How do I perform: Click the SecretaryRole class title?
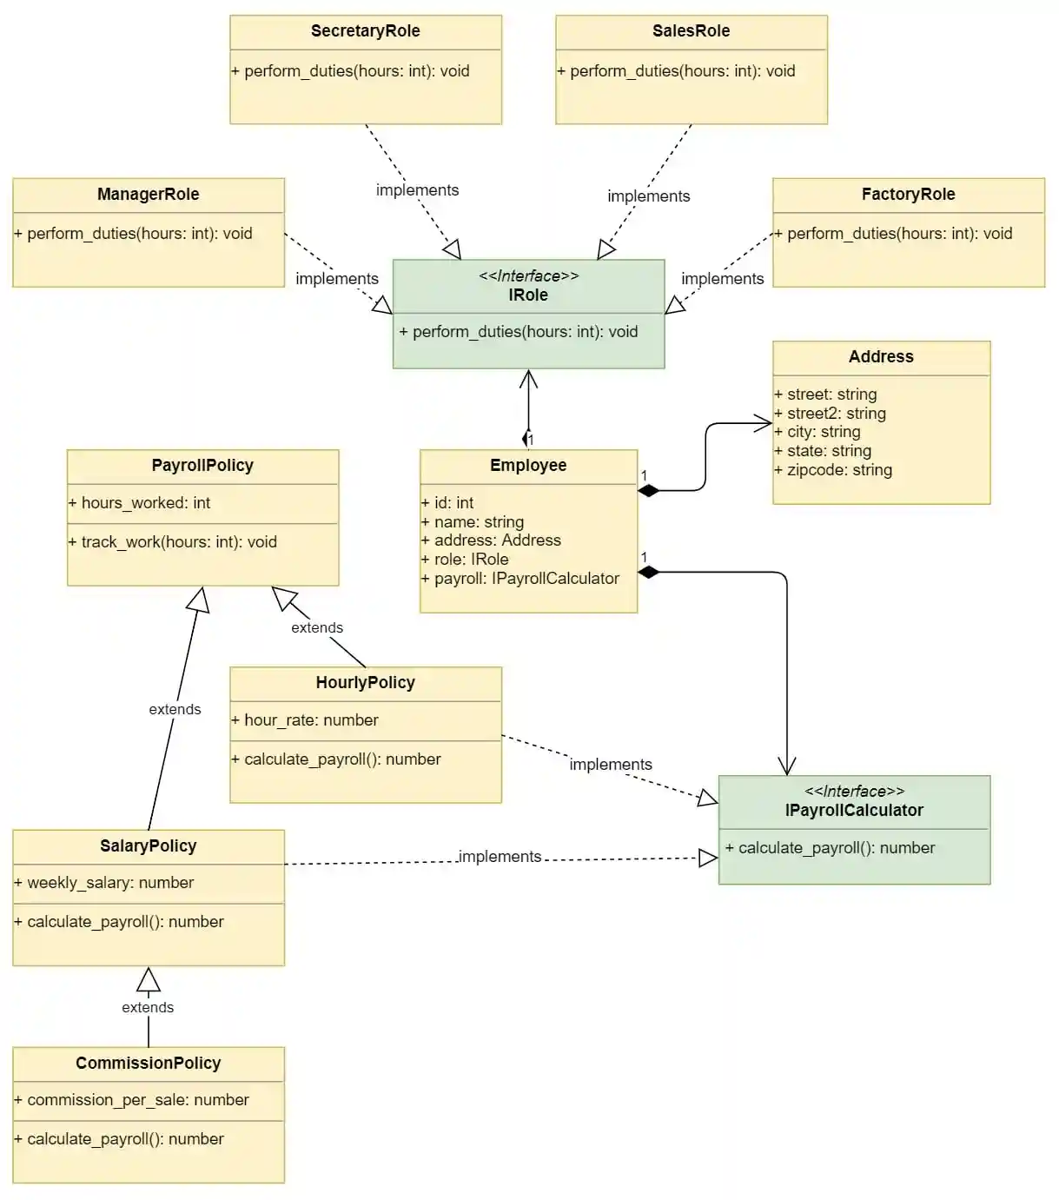tap(365, 31)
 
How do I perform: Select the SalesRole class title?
tap(691, 31)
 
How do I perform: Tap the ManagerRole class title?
tap(148, 195)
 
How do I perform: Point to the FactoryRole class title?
tap(908, 195)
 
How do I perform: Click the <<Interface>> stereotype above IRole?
tap(528, 276)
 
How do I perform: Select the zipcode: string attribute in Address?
tap(833, 470)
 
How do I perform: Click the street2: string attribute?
tap(830, 414)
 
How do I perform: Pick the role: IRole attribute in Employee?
tap(465, 560)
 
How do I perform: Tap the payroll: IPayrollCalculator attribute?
tap(520, 579)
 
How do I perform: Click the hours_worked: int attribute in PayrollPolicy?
tap(139, 503)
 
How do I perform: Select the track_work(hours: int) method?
tap(172, 542)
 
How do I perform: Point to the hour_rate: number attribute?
tap(304, 720)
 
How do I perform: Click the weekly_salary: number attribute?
tap(103, 883)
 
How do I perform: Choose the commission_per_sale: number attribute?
tap(131, 1100)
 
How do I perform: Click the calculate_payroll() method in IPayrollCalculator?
tap(830, 848)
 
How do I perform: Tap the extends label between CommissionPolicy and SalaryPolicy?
tap(148, 1008)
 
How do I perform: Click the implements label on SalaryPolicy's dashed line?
tap(500, 857)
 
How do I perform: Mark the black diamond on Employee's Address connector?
tap(648, 491)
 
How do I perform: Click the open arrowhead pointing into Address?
tap(764, 424)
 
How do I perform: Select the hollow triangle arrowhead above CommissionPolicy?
tap(149, 979)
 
